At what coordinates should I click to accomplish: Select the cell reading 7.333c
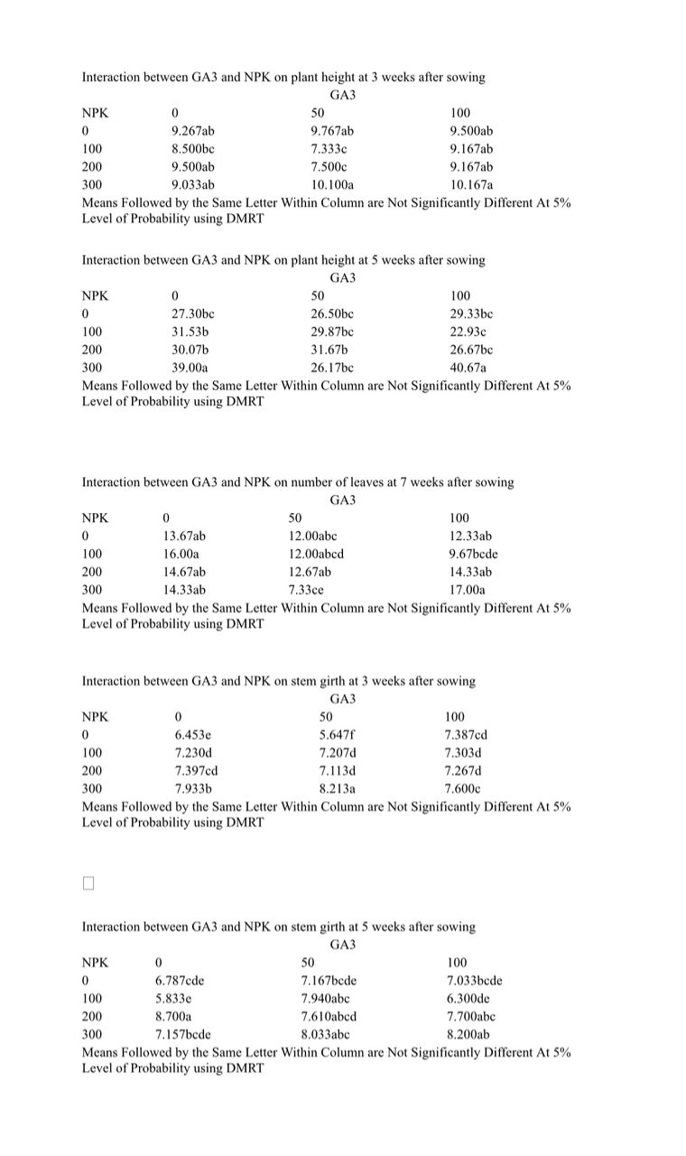[x=329, y=149]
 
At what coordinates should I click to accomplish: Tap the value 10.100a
[x=333, y=185]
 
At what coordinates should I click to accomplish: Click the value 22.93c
[x=468, y=331]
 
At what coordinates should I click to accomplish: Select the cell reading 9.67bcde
[x=473, y=554]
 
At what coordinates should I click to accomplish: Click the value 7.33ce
[x=306, y=590]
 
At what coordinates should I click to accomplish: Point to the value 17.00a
[x=467, y=590]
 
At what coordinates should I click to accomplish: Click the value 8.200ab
[x=468, y=1034]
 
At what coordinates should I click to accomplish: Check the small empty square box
[x=88, y=883]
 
